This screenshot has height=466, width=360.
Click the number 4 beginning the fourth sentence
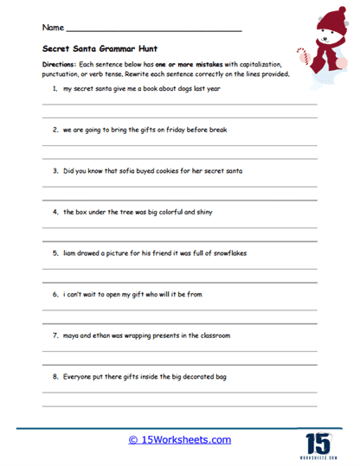[55, 212]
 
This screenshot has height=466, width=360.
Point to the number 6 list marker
[55, 294]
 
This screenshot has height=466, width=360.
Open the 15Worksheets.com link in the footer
[179, 440]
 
